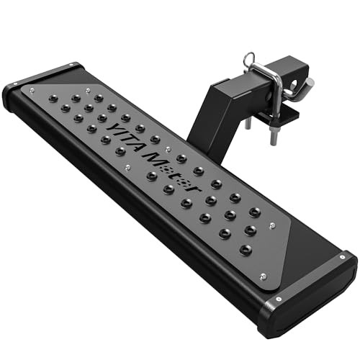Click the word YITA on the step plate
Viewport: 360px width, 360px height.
tap(125, 138)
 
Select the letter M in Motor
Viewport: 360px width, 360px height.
tap(153, 159)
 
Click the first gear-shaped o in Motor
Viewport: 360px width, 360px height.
tap(167, 170)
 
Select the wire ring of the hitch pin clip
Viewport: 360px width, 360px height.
tap(249, 58)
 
